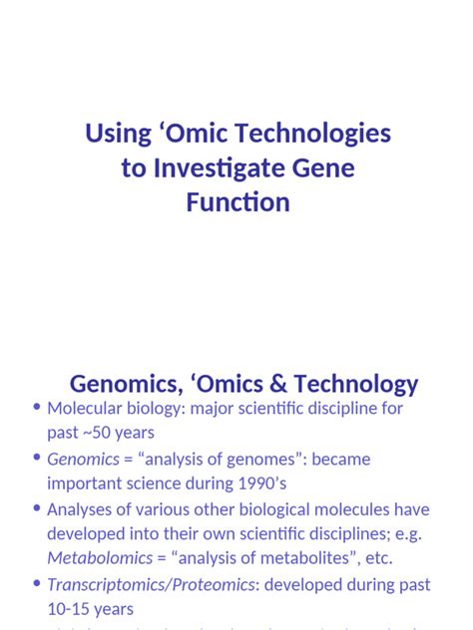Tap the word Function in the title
(237, 202)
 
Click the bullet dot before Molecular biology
(37, 408)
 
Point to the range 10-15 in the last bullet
(72, 609)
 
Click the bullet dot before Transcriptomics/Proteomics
(37, 583)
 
